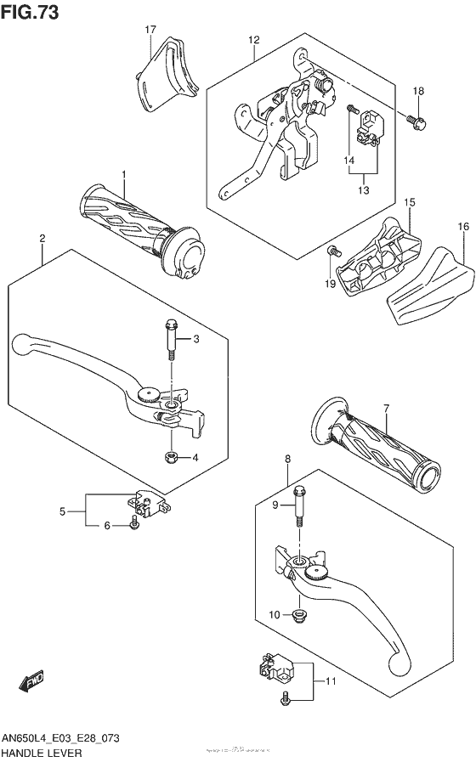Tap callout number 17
click(x=150, y=31)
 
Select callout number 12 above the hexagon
click(x=253, y=40)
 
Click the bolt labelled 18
click(x=415, y=121)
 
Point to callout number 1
click(x=123, y=175)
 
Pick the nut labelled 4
click(x=170, y=459)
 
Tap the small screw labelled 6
click(x=134, y=527)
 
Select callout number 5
click(x=62, y=511)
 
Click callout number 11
click(x=331, y=681)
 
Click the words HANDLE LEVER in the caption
click(x=53, y=753)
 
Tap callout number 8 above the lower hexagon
click(x=287, y=460)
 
